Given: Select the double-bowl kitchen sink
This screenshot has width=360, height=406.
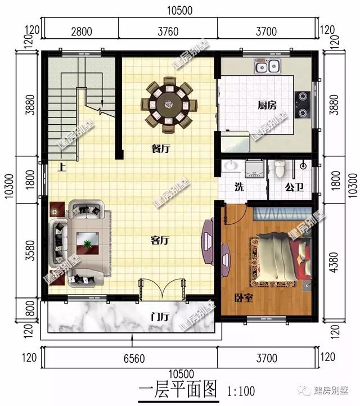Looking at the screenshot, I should [268, 67].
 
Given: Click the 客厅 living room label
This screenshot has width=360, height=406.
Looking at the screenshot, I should [160, 240].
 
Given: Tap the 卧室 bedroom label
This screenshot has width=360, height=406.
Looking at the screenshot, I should [243, 297].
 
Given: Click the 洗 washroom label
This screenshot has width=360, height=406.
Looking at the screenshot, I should [238, 187].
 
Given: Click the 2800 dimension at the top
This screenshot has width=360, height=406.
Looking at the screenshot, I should [82, 31].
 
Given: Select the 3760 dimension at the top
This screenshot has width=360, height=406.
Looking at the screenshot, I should [168, 31].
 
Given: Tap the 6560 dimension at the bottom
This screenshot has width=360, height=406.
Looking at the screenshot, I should [129, 357].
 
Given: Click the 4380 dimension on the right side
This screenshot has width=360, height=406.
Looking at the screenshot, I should [335, 261].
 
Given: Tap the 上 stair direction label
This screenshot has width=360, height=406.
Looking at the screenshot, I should [60, 167].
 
